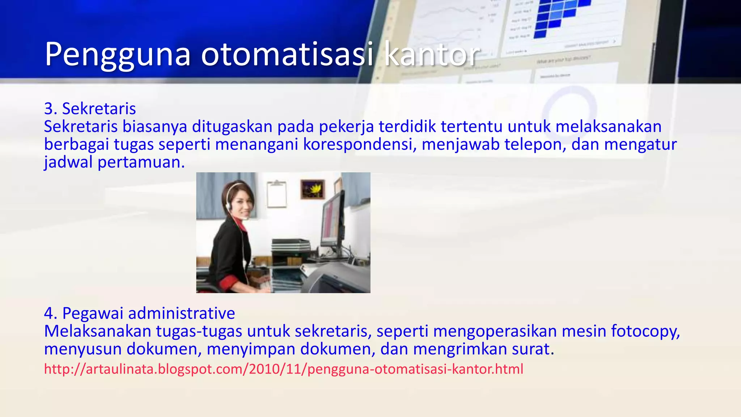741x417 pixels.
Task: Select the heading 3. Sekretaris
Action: [x=90, y=109]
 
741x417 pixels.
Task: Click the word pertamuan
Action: [x=141, y=162]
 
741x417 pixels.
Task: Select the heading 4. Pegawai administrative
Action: [x=139, y=313]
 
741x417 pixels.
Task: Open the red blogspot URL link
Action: [x=284, y=369]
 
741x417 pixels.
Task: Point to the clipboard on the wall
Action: [x=277, y=194]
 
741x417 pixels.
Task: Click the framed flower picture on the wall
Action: [x=312, y=189]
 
